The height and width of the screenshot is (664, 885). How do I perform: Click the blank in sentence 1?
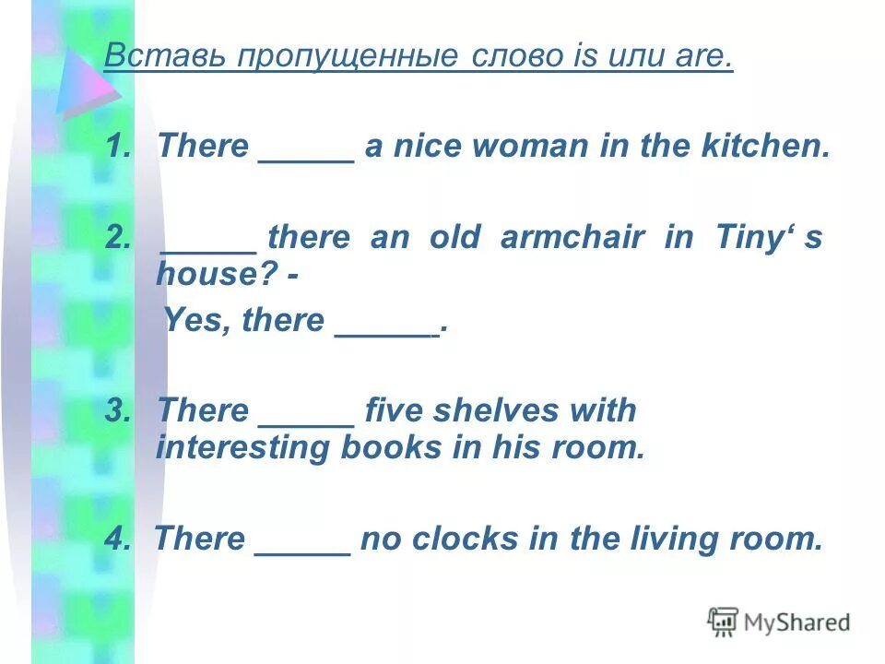click(307, 151)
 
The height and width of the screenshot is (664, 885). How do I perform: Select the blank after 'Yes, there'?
click(385, 326)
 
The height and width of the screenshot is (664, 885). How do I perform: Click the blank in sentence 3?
click(307, 416)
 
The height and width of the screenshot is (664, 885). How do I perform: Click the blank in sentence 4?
click(302, 544)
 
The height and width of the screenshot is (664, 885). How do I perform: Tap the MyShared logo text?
click(796, 622)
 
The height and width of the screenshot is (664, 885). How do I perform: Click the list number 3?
click(117, 410)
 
